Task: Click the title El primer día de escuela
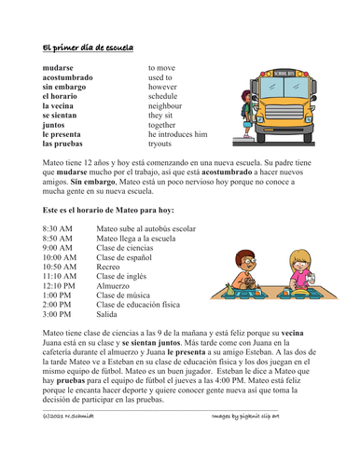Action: [x=88, y=47]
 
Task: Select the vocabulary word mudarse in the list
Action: [x=61, y=69]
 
